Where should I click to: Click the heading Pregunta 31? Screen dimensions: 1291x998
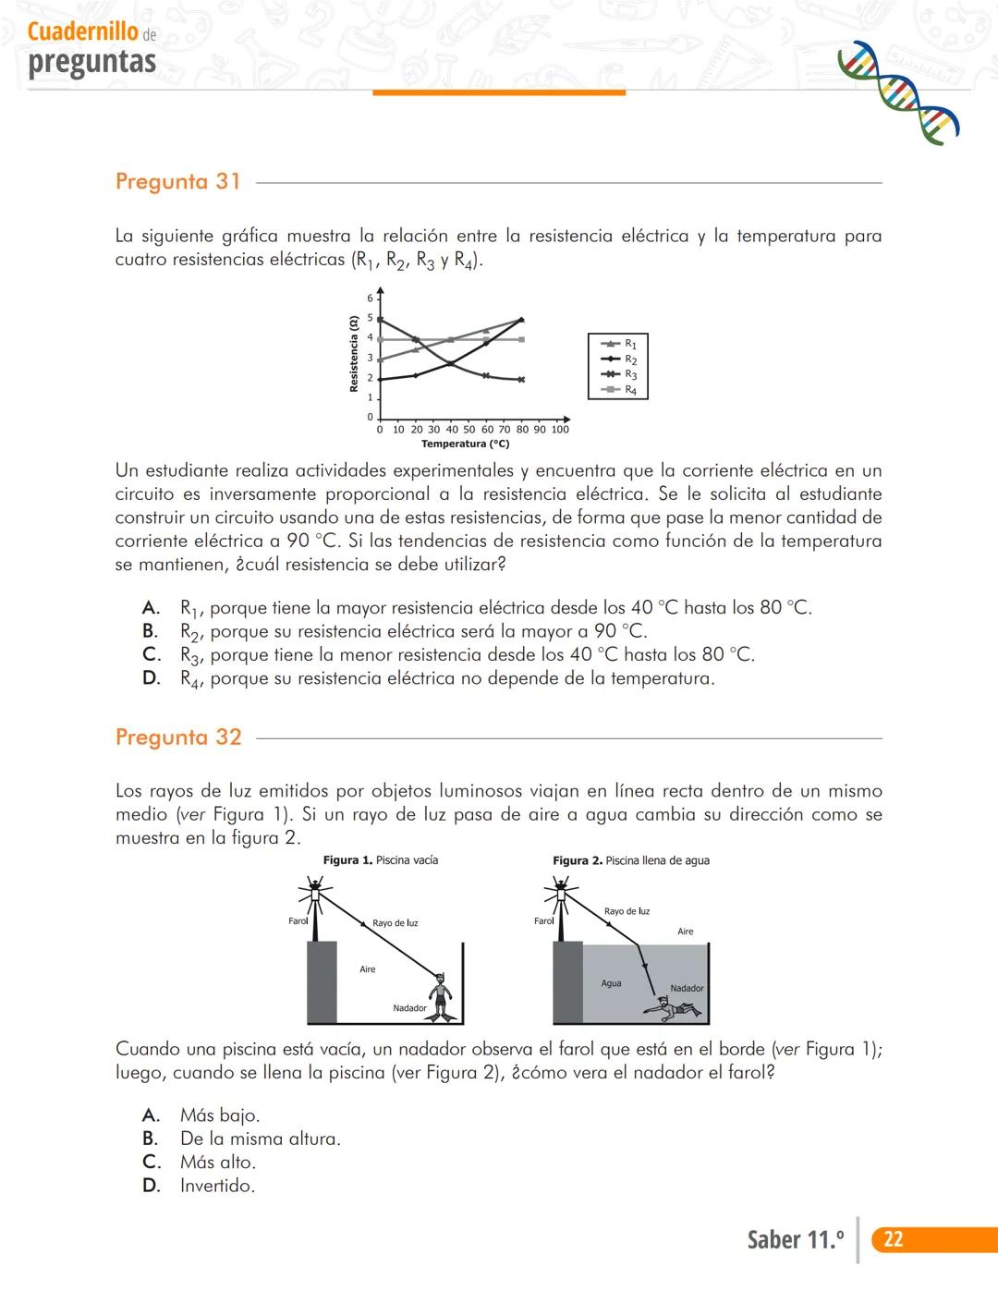[177, 181]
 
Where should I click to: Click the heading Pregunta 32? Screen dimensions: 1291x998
[177, 737]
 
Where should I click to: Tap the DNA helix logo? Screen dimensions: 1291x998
[897, 92]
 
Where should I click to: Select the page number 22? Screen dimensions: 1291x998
[893, 1239]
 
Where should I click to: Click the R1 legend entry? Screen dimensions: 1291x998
[619, 344]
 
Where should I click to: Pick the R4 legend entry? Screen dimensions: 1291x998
[619, 390]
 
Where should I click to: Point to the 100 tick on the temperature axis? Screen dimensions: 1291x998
[560, 430]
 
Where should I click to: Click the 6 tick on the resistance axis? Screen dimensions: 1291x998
[370, 298]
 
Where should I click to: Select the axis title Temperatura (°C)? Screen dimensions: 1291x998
[465, 445]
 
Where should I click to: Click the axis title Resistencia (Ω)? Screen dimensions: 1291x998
[354, 354]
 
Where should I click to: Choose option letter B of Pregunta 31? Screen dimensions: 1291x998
[150, 631]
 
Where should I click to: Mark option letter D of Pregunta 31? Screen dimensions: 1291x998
[151, 678]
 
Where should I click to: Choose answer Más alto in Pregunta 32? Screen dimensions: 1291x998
[218, 1163]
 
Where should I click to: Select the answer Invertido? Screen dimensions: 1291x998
[217, 1186]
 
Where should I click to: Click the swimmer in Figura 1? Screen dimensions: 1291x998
[442, 996]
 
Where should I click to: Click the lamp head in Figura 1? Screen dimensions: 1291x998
[315, 893]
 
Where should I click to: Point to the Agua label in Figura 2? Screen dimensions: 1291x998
[611, 983]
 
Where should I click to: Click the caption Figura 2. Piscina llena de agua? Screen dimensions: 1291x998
[631, 860]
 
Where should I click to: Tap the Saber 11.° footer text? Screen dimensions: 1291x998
[795, 1239]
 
